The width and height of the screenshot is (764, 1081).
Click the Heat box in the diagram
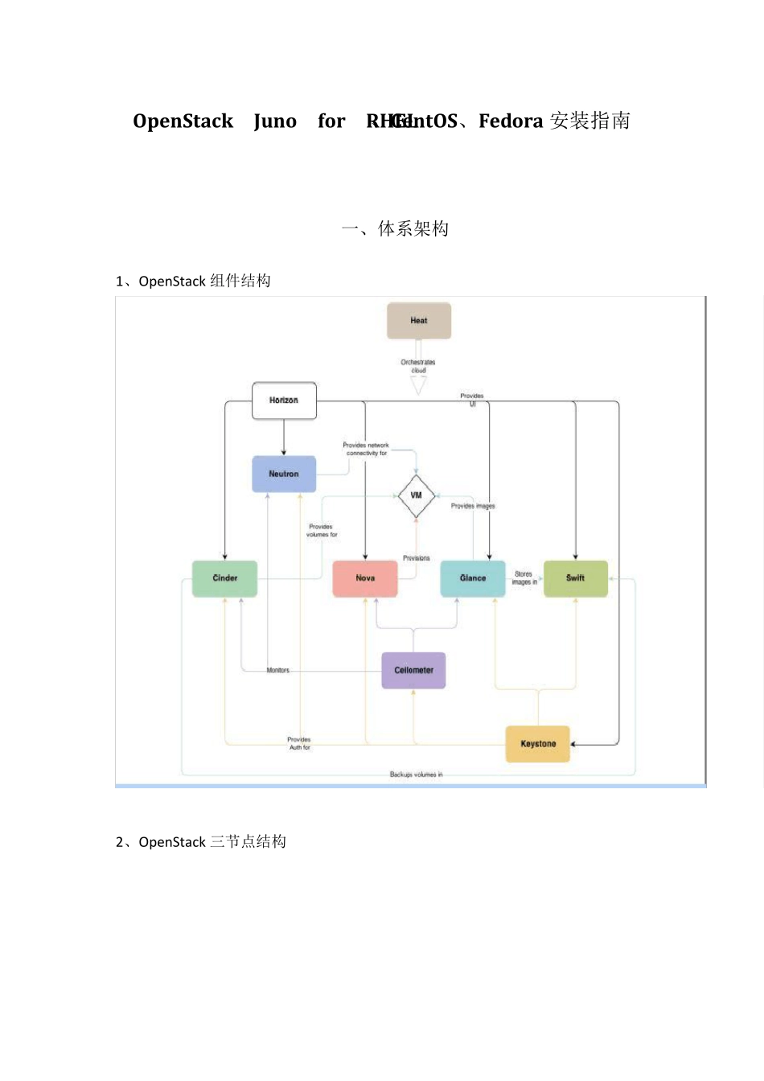pyautogui.click(x=419, y=321)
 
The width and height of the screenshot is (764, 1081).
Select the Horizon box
pyautogui.click(x=284, y=401)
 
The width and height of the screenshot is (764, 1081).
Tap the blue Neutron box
pyautogui.click(x=284, y=474)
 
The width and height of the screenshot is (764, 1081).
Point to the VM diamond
pyautogui.click(x=417, y=495)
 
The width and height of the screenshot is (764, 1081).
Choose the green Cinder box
pyautogui.click(x=225, y=578)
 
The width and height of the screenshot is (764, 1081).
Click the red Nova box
pyautogui.click(x=365, y=578)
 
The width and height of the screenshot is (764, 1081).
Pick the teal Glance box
pyautogui.click(x=473, y=578)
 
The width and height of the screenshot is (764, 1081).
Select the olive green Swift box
pyautogui.click(x=575, y=578)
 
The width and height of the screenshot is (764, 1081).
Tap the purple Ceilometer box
pyautogui.click(x=413, y=670)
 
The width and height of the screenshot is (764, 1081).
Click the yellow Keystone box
pyautogui.click(x=538, y=744)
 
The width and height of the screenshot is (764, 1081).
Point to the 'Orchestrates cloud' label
pyautogui.click(x=418, y=366)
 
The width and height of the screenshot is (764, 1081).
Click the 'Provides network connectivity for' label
pyautogui.click(x=366, y=449)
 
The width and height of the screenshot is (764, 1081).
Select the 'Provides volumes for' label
pyautogui.click(x=322, y=531)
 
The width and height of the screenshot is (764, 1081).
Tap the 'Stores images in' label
pyautogui.click(x=524, y=578)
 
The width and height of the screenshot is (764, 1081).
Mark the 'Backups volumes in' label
pyautogui.click(x=416, y=775)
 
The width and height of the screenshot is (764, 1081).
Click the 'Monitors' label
pyautogui.click(x=278, y=670)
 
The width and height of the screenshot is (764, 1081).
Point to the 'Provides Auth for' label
pyautogui.click(x=299, y=743)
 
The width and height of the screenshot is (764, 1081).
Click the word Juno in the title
pyautogui.click(x=275, y=121)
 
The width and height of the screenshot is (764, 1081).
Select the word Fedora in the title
pyautogui.click(x=511, y=121)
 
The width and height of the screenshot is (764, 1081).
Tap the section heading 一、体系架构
pyautogui.click(x=395, y=229)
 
